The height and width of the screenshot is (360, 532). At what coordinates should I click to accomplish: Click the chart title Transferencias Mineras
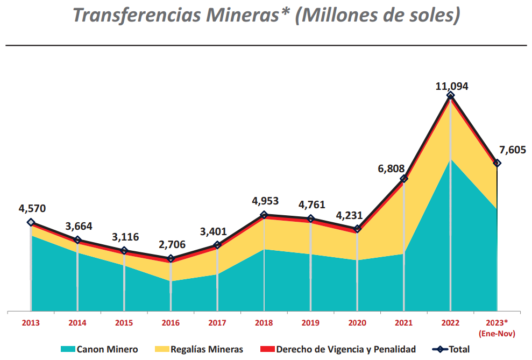[x=266, y=15]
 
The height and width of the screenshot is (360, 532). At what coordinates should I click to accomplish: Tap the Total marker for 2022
[x=450, y=95]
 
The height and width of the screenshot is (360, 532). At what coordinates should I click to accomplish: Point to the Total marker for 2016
[x=171, y=259]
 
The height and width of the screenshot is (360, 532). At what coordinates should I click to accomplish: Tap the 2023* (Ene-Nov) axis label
[x=496, y=327]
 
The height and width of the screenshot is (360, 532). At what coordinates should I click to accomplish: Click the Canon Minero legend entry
[x=99, y=349]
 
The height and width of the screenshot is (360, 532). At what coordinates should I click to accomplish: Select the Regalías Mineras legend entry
[x=200, y=349]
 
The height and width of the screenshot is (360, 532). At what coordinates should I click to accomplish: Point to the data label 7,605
[x=512, y=150]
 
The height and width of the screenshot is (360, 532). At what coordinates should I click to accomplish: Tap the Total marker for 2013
[x=31, y=222]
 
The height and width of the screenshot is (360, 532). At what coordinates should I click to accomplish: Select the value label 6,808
[x=391, y=168]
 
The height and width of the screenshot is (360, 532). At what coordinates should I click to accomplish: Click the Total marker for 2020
[x=357, y=229]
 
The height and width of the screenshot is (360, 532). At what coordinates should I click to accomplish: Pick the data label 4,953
[x=265, y=202]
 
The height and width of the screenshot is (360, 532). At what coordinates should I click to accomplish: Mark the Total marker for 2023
[x=497, y=163]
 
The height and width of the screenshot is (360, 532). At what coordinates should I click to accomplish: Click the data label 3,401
[x=214, y=232]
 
